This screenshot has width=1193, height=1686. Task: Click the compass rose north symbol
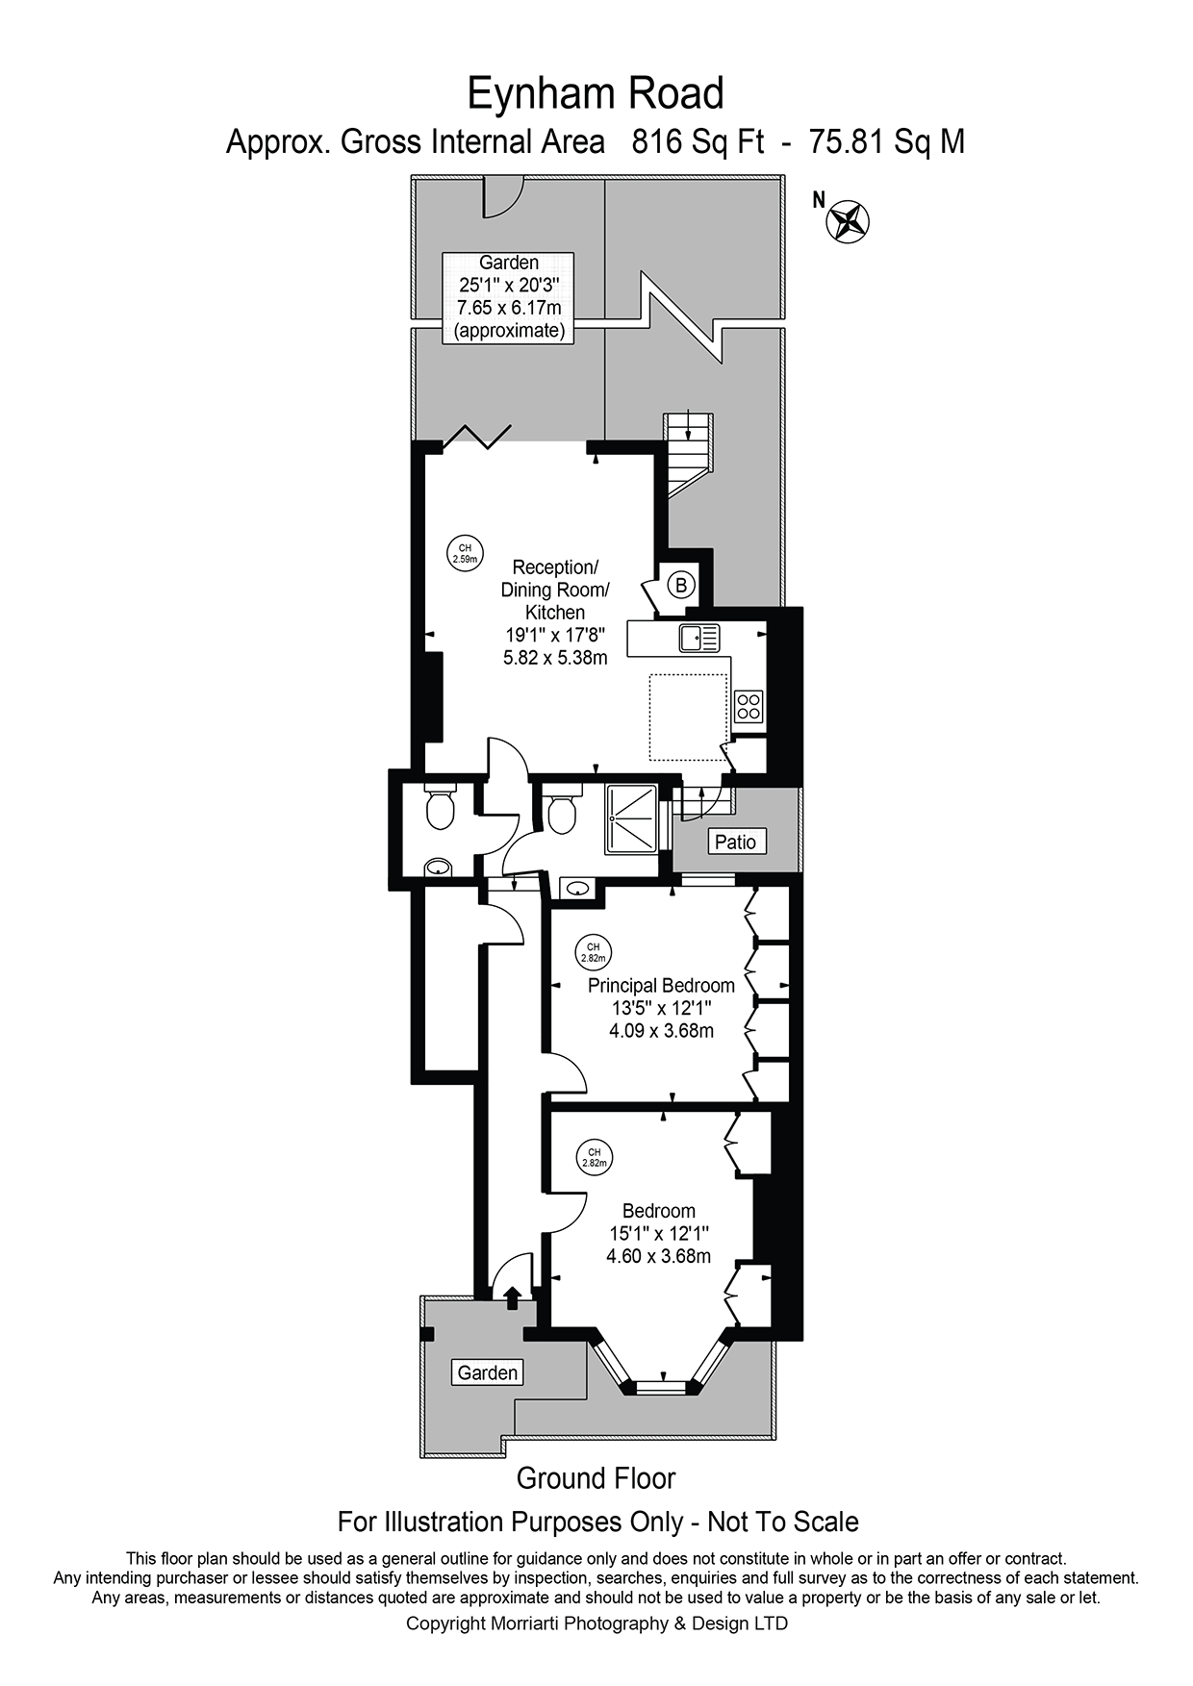tap(848, 220)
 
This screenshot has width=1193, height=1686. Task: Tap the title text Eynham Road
tap(596, 94)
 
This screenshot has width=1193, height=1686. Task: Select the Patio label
tap(735, 842)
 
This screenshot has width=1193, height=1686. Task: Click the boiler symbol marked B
tap(681, 584)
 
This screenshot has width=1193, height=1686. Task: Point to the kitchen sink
tap(698, 638)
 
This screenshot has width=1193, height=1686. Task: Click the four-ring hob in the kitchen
tap(749, 706)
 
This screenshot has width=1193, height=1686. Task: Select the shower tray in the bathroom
tap(631, 818)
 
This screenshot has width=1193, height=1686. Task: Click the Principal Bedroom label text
tap(661, 985)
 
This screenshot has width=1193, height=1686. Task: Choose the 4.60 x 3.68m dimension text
tap(659, 1256)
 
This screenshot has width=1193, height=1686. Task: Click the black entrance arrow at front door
tap(512, 1297)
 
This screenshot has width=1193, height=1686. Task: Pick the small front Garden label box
tap(487, 1372)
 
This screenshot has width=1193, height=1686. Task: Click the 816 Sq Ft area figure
tap(698, 142)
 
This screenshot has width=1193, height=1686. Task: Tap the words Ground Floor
tap(596, 1478)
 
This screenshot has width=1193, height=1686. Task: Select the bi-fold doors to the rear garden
tap(474, 436)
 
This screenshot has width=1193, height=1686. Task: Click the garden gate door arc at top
tap(501, 196)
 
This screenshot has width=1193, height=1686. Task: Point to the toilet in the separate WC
tap(441, 810)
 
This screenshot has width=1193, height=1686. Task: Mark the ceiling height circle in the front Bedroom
tap(595, 1157)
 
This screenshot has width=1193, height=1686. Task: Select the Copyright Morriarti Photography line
tap(596, 1623)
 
